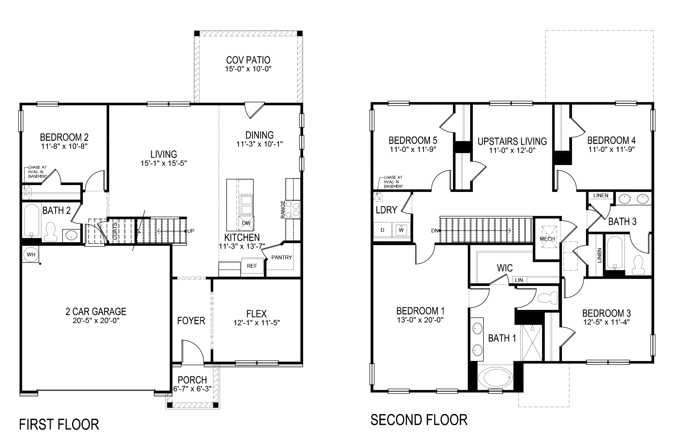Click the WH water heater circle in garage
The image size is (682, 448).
click(31, 255)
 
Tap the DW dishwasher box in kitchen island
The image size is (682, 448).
click(246, 223)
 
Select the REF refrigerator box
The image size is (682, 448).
click(252, 266)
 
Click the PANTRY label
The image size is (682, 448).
click(281, 257)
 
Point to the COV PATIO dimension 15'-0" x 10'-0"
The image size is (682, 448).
click(248, 69)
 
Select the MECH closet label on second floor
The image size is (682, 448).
click(547, 239)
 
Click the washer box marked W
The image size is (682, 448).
click(401, 230)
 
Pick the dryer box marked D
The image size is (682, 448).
click(382, 230)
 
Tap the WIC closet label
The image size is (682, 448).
click(505, 268)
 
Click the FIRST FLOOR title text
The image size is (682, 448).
click(59, 424)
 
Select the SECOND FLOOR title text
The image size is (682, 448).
click(419, 420)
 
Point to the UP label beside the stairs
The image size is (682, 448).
click(191, 231)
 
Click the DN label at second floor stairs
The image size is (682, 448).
click(435, 231)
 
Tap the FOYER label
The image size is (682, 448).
click(191, 321)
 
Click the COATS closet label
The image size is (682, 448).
click(115, 231)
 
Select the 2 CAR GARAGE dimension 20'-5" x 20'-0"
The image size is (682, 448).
click(96, 321)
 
